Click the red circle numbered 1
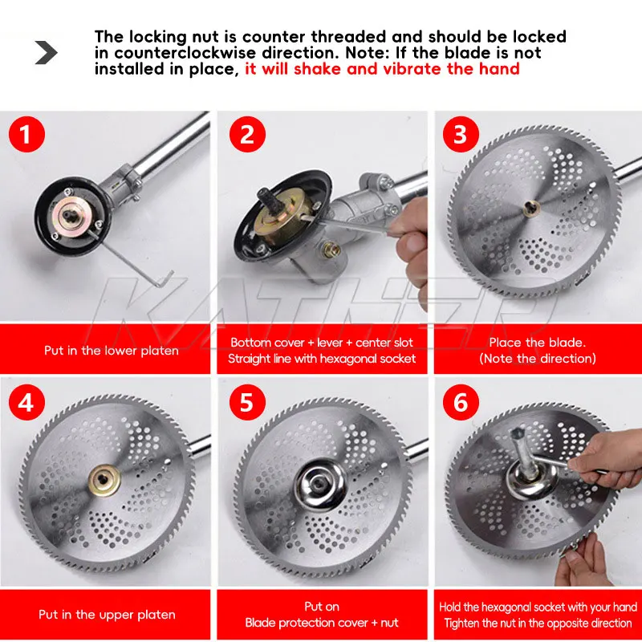(26, 134)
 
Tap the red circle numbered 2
(247, 134)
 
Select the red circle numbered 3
(461, 134)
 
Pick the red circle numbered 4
(26, 402)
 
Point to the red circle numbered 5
(247, 402)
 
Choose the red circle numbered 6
(461, 402)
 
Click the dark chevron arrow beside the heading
(46, 52)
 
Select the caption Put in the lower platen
(112, 351)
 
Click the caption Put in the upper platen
(107, 615)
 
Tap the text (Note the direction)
(538, 359)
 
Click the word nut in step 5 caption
(389, 623)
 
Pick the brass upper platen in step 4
(104, 481)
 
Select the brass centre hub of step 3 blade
(531, 209)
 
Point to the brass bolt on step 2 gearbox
(332, 250)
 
